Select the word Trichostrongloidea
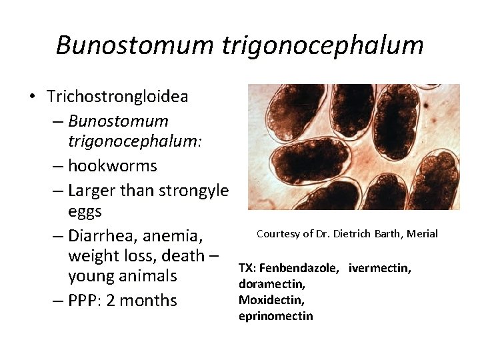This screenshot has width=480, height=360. [x=117, y=97]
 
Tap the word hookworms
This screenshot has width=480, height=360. [x=113, y=166]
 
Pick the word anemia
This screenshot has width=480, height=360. [x=177, y=235]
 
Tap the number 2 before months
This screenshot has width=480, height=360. [x=111, y=300]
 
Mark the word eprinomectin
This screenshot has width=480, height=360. [x=275, y=316]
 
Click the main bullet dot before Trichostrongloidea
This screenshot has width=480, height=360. [x=31, y=97]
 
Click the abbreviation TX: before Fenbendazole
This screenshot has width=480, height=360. [x=247, y=268]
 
